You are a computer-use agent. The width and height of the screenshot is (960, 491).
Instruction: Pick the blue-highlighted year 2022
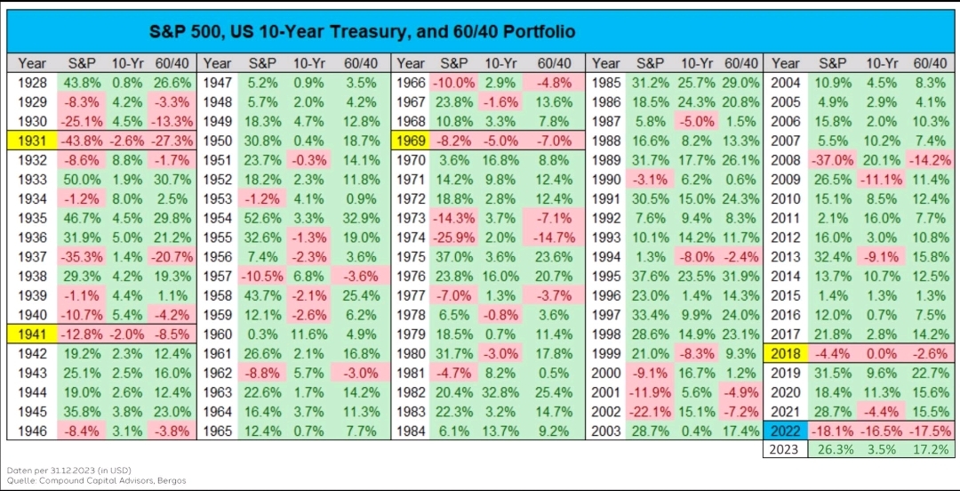point(786,431)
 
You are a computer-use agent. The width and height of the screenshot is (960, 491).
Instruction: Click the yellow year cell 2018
point(786,352)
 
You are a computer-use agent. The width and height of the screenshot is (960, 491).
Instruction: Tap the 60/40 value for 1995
point(741,275)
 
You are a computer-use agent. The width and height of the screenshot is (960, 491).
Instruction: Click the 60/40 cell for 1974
point(554,236)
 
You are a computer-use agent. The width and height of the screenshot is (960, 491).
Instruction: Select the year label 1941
point(33,334)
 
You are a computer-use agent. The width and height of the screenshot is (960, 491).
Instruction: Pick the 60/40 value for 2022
point(928,431)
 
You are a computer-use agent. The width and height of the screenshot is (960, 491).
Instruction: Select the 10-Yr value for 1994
point(698,255)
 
